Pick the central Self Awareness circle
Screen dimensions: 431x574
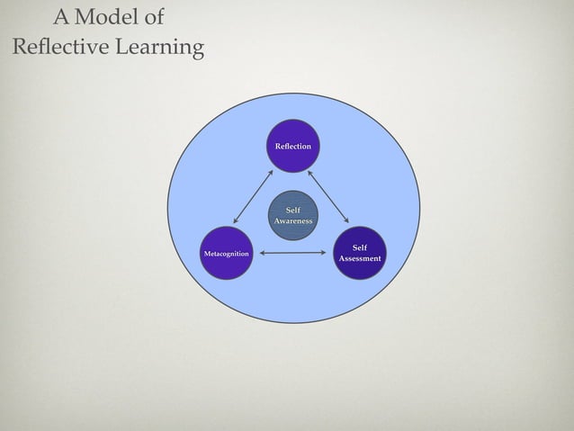292,215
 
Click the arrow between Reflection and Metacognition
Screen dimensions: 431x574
253,197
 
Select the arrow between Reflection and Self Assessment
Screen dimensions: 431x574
327,196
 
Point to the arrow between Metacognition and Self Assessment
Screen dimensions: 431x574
293,253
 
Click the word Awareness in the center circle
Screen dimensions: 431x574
292,220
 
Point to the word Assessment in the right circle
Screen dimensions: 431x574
359,259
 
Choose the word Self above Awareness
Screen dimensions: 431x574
292,211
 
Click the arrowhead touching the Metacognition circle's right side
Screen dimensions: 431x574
264,253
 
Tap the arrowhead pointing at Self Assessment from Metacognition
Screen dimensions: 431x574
323,253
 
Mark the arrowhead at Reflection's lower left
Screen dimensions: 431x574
271,172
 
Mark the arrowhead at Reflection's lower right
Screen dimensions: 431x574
309,172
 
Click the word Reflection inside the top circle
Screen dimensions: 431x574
292,146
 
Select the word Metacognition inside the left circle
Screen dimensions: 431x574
226,255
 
